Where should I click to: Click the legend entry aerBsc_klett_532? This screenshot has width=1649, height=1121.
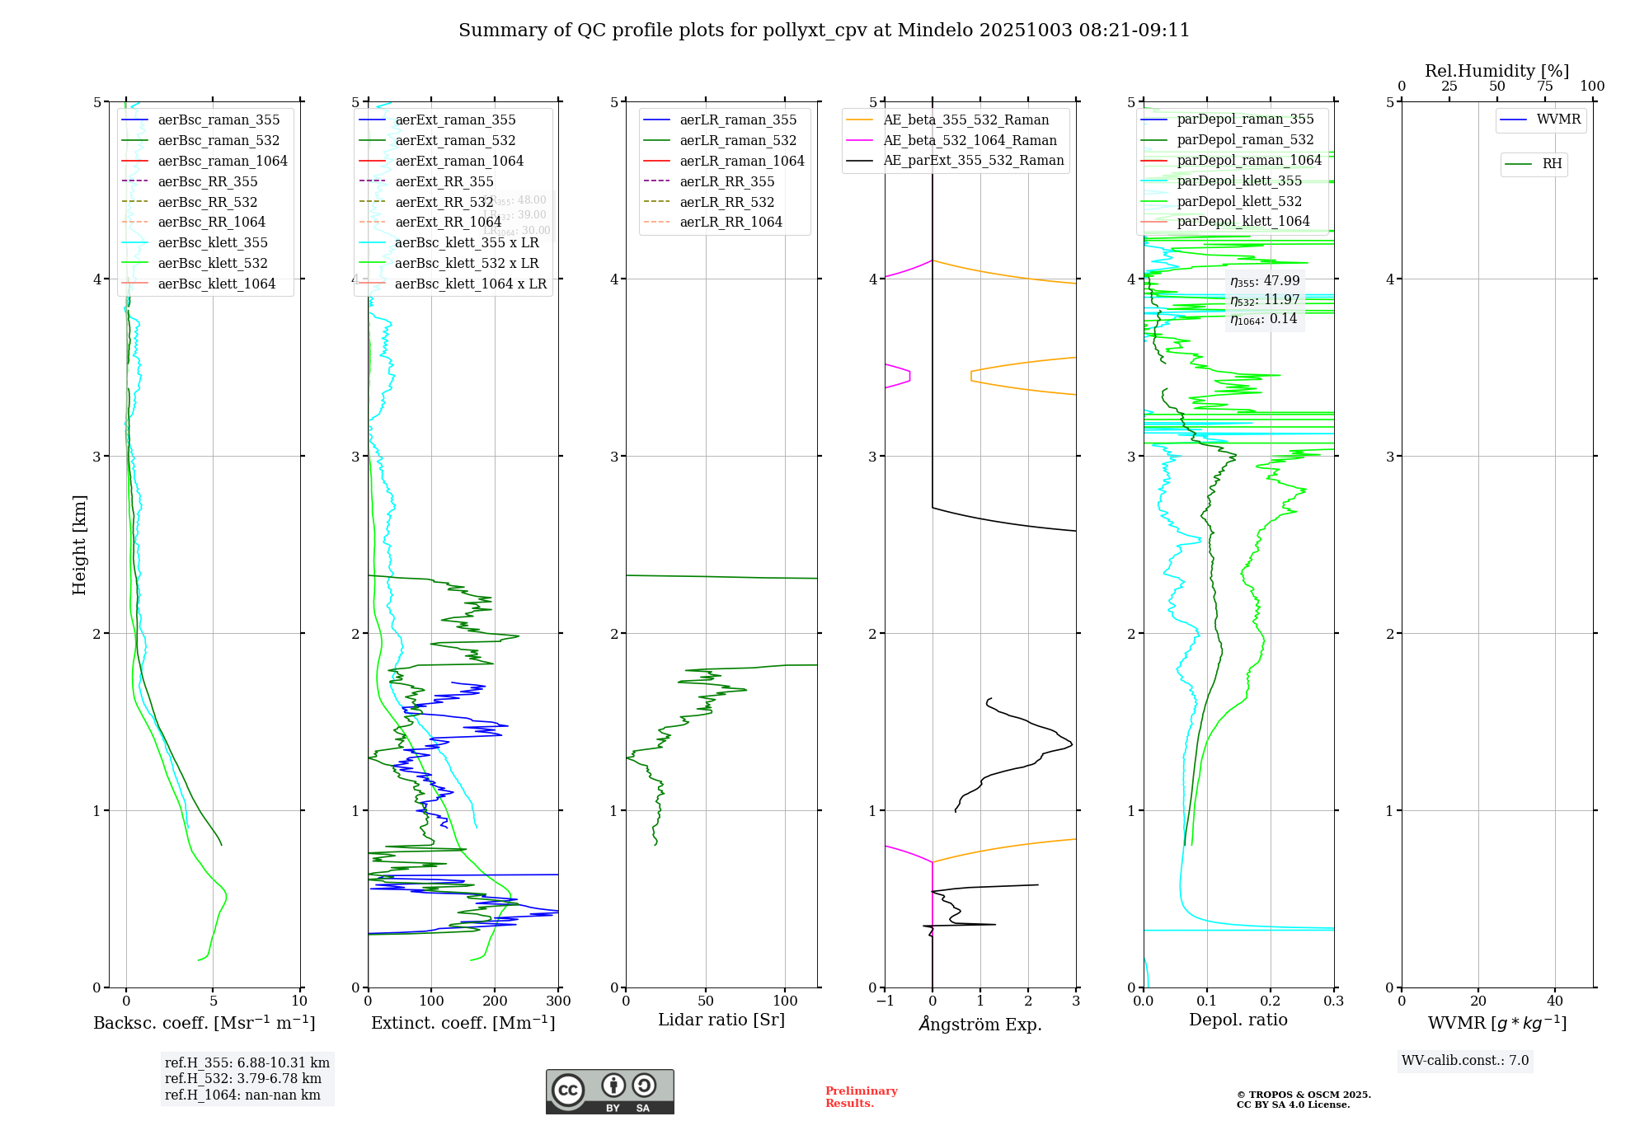(x=212, y=264)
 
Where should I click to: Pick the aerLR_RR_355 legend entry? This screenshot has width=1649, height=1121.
(x=726, y=182)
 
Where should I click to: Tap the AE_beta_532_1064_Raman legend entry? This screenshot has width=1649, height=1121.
(x=970, y=141)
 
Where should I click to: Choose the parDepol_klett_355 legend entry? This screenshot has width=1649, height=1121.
(x=1239, y=181)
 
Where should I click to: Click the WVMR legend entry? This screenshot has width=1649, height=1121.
(x=1557, y=120)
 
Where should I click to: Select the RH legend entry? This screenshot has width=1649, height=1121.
(x=1551, y=164)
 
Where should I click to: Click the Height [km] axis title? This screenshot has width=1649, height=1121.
(x=79, y=544)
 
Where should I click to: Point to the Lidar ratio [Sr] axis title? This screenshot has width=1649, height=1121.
(x=721, y=1020)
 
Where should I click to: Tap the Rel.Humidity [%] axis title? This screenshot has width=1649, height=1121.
(x=1496, y=71)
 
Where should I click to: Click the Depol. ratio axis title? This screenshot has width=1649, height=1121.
(x=1238, y=1020)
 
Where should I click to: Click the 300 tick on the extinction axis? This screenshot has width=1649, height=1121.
(x=558, y=1001)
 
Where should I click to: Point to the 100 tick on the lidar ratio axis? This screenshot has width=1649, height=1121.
(x=785, y=1001)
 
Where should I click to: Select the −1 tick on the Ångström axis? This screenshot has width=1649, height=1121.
(x=885, y=1001)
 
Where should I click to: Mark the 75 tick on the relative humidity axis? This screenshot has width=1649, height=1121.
(x=1544, y=87)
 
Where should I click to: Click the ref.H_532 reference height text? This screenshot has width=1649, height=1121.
(x=242, y=1079)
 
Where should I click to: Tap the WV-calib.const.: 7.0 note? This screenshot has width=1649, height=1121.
(x=1464, y=1061)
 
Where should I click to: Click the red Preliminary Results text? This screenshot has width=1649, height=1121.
(x=861, y=1097)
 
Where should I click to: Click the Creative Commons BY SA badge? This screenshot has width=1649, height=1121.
(x=609, y=1092)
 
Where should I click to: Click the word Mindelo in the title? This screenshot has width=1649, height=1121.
(x=934, y=30)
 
